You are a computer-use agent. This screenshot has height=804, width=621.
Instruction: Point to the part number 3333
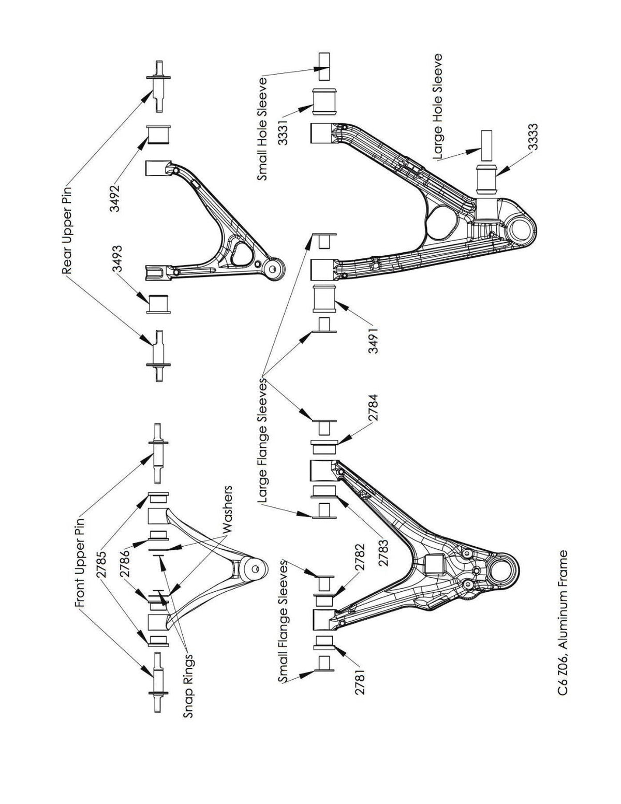[x=534, y=137]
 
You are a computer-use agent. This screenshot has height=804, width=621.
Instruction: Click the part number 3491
[x=374, y=339]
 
